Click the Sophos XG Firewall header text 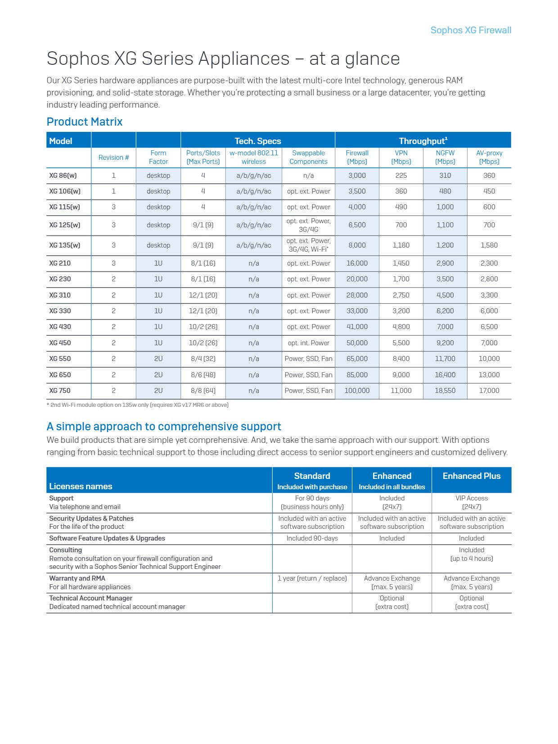tap(470, 30)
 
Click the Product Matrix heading tap(84, 122)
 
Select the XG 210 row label tap(60, 263)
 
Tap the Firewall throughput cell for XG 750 tap(357, 391)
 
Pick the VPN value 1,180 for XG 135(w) tap(401, 245)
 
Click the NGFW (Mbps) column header tap(445, 157)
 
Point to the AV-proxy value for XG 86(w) tap(489, 176)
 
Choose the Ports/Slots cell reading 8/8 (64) tap(203, 391)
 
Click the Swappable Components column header tap(308, 157)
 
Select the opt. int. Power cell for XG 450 tap(308, 343)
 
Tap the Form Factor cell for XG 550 tap(158, 359)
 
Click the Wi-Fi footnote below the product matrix tap(137, 405)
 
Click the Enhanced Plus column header tap(471, 476)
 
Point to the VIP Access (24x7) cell tap(471, 502)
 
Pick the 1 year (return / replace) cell tap(312, 578)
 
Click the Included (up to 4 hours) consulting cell tap(471, 554)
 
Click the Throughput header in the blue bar tap(423, 140)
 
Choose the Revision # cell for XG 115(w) tap(113, 207)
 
